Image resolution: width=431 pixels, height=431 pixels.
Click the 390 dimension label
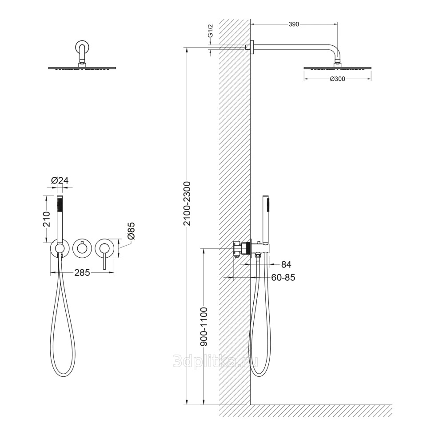pos(294,24)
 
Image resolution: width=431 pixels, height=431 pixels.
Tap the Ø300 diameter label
pos(337,79)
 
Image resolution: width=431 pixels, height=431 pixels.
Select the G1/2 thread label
pos(210,31)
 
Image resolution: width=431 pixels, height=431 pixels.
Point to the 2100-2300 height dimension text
pos(187,204)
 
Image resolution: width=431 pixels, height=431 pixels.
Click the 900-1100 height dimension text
pos(204,327)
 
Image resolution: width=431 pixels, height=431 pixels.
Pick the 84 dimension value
pos(286,264)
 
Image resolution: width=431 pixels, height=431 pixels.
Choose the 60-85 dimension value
pos(283,278)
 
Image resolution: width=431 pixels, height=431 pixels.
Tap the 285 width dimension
pos(82,273)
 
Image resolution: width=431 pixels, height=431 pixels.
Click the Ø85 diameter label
pos(131,231)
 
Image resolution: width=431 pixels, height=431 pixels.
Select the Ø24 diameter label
pos(60,180)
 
